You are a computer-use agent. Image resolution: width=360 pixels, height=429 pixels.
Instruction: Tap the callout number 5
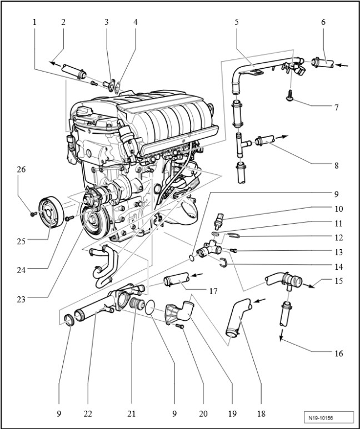point(237,23)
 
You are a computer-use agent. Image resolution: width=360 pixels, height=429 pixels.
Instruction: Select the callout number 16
point(338,352)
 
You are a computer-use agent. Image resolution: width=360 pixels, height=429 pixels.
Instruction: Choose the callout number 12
point(338,237)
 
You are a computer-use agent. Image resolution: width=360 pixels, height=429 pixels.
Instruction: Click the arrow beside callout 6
point(344,65)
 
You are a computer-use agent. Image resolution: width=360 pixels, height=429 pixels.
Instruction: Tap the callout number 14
point(338,265)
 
